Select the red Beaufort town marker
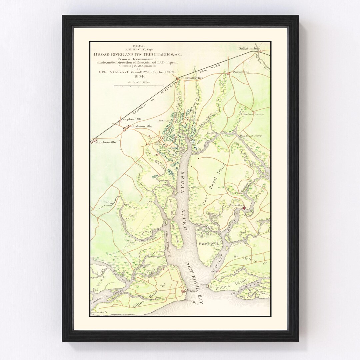pyautogui.click(x=244, y=208)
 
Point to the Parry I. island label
pyautogui.click(x=206, y=244)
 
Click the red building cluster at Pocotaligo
pyautogui.click(x=228, y=73)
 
